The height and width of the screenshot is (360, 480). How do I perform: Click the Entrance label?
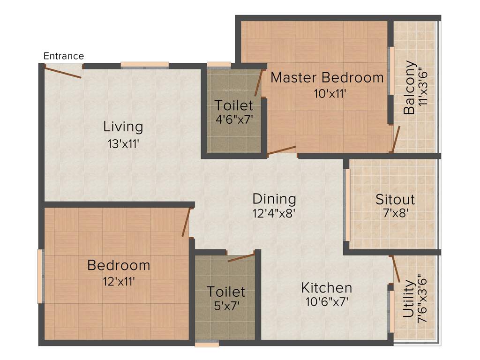pyautogui.click(x=64, y=56)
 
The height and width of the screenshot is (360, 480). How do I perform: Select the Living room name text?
pyautogui.click(x=123, y=127)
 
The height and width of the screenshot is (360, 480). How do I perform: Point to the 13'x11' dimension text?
pyautogui.click(x=123, y=144)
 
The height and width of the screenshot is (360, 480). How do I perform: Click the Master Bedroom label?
pyautogui.click(x=327, y=77)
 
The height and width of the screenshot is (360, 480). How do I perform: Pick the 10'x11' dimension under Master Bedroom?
pyautogui.click(x=330, y=94)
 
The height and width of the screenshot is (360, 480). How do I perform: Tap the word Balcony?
pyautogui.click(x=409, y=88)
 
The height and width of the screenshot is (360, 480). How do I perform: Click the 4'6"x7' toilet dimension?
pyautogui.click(x=234, y=119)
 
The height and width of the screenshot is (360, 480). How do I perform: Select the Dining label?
pyautogui.click(x=274, y=199)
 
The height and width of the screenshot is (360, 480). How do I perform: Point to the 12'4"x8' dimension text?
pyautogui.click(x=274, y=214)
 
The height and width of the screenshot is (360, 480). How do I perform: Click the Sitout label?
pyautogui.click(x=395, y=199)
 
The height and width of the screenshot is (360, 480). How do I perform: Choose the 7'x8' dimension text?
pyautogui.click(x=395, y=214)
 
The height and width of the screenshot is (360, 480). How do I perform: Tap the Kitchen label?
pyautogui.click(x=326, y=287)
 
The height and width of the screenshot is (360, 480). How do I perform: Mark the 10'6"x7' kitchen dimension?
pyautogui.click(x=326, y=302)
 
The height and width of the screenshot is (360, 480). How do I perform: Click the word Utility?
pyautogui.click(x=408, y=299)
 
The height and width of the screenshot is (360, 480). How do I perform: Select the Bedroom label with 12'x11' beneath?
pyautogui.click(x=119, y=265)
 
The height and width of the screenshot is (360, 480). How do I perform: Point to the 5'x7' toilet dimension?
pyautogui.click(x=226, y=307)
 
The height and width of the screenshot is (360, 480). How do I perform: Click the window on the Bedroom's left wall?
pyautogui.click(x=40, y=277)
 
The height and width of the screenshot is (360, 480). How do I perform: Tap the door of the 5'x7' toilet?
pyautogui.click(x=241, y=258)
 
